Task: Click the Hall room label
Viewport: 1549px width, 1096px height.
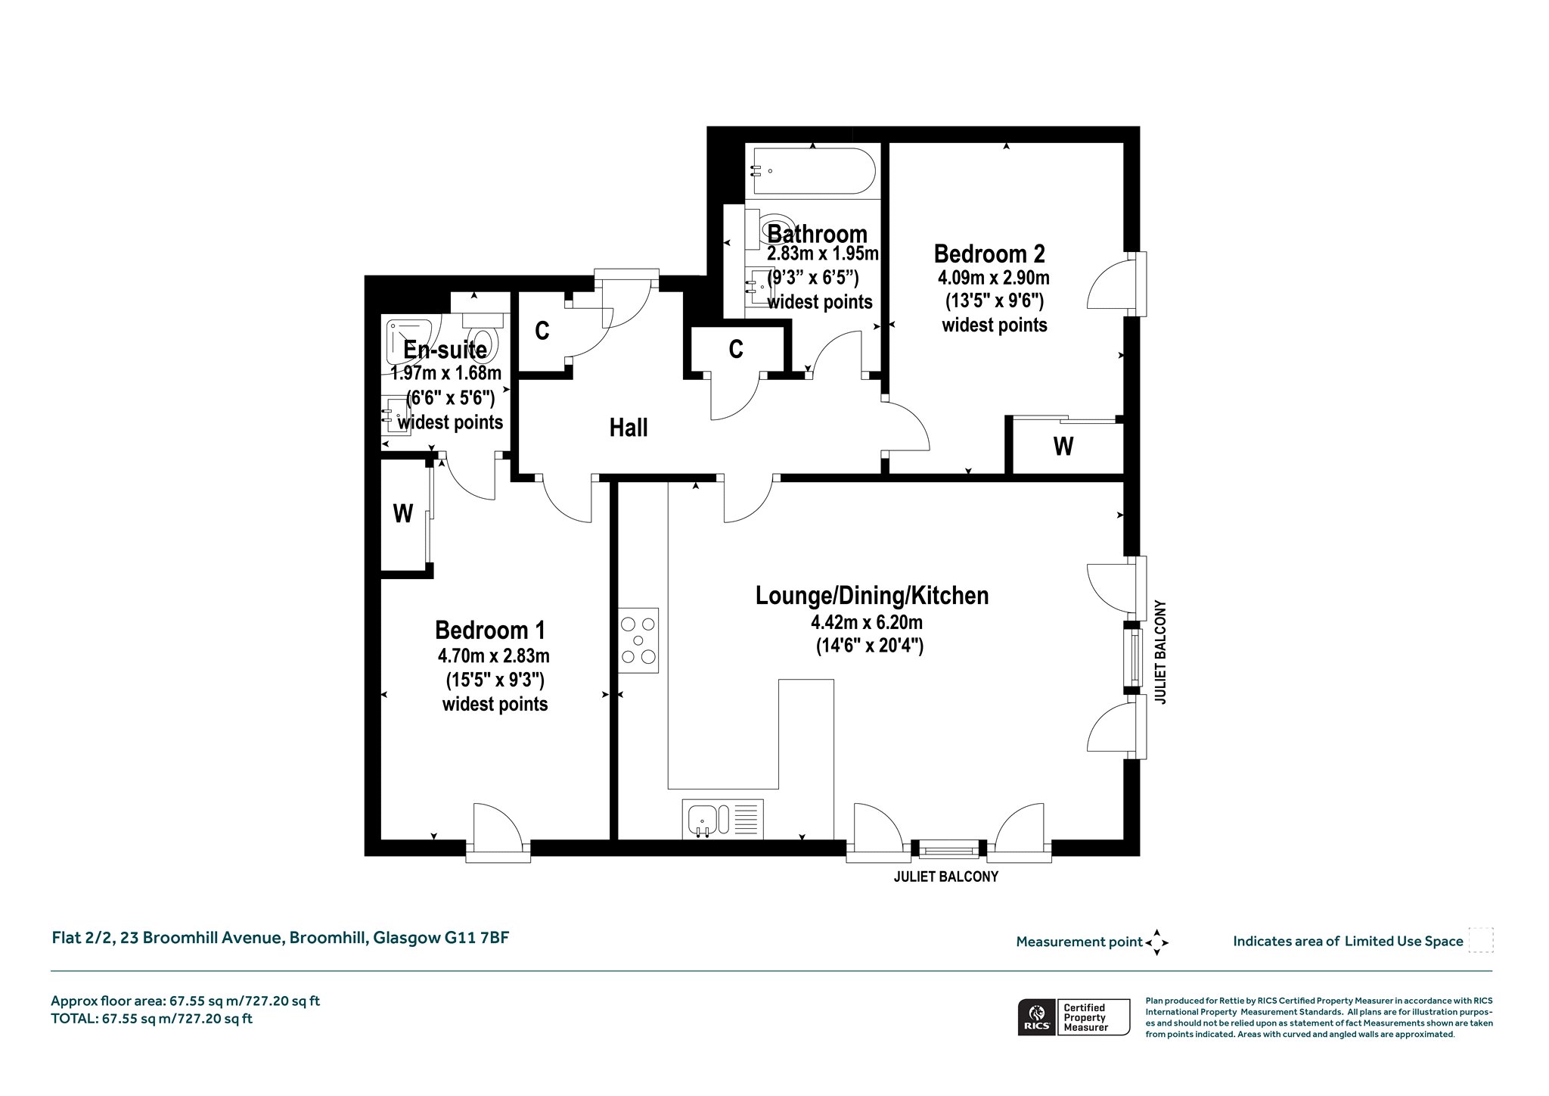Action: (x=629, y=428)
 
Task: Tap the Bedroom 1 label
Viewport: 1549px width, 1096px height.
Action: (x=490, y=630)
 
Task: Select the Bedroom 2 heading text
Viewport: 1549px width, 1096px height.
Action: (x=989, y=253)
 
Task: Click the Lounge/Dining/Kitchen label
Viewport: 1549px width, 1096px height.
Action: (x=872, y=596)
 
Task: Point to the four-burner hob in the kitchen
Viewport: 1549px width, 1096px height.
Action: (x=638, y=640)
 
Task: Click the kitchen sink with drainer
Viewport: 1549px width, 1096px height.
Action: (x=722, y=819)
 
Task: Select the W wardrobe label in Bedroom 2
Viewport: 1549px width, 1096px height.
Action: (x=1063, y=447)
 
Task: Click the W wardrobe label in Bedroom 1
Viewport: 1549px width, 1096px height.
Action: (x=403, y=514)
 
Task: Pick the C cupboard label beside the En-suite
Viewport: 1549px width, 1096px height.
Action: (x=542, y=332)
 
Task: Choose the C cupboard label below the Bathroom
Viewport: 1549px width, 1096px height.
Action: (x=736, y=349)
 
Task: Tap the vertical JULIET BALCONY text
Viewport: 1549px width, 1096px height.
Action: (x=1161, y=652)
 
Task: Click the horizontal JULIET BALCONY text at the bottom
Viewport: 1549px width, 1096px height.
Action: (x=946, y=876)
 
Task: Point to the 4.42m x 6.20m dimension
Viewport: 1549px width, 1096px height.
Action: (x=867, y=623)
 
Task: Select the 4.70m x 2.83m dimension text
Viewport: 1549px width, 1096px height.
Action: (x=493, y=655)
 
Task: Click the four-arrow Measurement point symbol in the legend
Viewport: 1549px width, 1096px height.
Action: (x=1156, y=942)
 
